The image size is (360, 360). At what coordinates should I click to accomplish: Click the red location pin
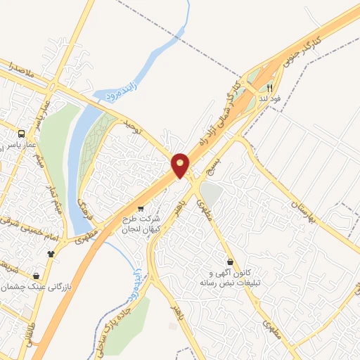[x=180, y=165]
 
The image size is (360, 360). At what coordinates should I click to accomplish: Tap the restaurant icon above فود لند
[x=269, y=89]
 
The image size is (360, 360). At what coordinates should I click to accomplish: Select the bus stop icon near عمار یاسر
[x=22, y=133]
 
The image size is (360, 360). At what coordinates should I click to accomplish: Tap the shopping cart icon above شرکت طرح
[x=141, y=208]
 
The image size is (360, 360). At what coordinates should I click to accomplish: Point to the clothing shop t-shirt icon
[x=51, y=254]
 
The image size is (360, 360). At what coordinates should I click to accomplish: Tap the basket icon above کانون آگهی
[x=231, y=262]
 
